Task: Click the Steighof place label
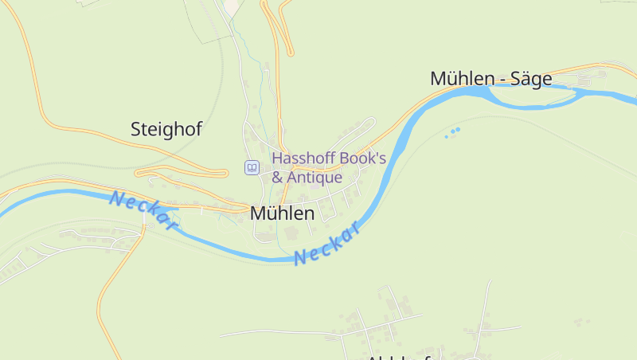(166, 128)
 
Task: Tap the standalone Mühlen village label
(282, 213)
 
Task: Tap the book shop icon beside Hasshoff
(252, 167)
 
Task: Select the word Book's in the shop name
(363, 158)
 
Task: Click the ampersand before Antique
(278, 178)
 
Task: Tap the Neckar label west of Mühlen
(143, 211)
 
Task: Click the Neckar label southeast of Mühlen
(328, 245)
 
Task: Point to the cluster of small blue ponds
(453, 131)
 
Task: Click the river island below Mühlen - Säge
(530, 96)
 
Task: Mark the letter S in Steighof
(136, 128)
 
